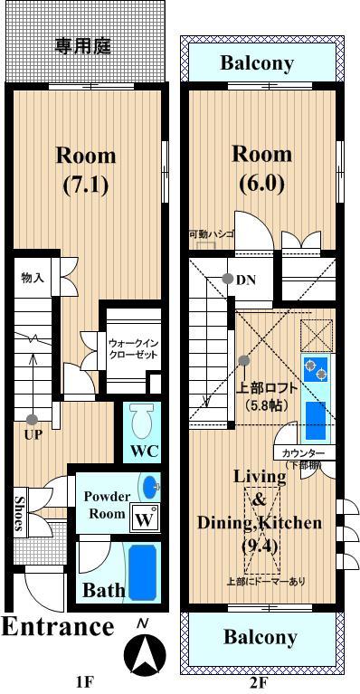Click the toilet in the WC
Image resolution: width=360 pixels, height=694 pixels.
tap(142, 421)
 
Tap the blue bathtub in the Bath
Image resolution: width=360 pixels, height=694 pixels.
tap(142, 570)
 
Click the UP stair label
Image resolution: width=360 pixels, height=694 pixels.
tap(33, 433)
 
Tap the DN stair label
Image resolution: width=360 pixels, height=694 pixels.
tap(246, 280)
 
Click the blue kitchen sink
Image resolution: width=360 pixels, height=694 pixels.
tap(315, 419)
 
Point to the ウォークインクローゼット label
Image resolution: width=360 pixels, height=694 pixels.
tap(133, 349)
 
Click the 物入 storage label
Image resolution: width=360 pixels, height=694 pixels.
tap(33, 278)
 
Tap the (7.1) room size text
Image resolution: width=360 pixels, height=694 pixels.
tap(86, 185)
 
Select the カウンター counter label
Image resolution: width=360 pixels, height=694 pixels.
tap(302, 452)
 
